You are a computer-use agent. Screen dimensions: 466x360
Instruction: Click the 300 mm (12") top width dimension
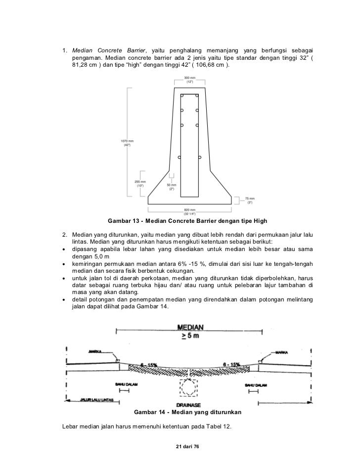click(189, 80)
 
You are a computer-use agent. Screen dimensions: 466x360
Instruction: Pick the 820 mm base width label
click(189, 211)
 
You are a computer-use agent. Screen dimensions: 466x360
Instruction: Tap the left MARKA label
click(95, 352)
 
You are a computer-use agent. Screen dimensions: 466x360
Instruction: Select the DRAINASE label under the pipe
click(188, 403)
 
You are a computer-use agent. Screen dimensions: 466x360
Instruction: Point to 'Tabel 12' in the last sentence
click(219, 426)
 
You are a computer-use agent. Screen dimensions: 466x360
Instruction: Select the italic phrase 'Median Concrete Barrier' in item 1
click(109, 51)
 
